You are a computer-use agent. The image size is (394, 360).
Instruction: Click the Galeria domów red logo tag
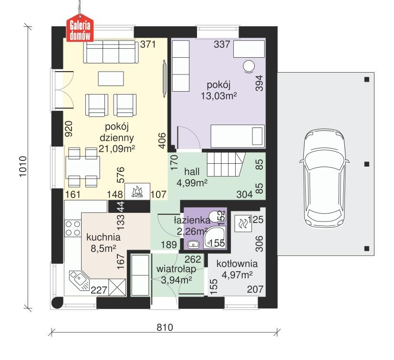(80, 29)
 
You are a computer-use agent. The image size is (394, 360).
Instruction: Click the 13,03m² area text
(219, 95)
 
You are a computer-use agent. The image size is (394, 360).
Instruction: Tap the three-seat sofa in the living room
(110, 52)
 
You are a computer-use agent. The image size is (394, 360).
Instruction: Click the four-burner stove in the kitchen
(73, 228)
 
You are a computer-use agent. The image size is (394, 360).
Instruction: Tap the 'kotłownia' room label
(237, 264)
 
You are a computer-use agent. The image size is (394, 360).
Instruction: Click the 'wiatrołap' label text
(175, 269)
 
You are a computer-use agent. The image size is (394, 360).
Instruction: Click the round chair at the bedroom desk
(249, 66)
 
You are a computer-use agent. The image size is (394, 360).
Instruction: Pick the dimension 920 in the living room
(69, 129)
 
